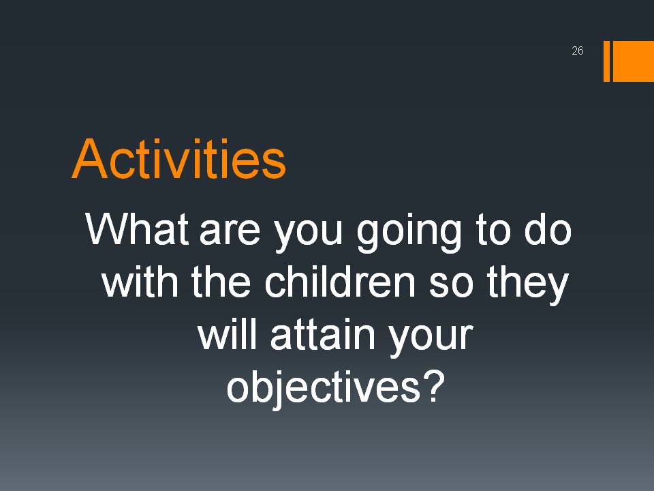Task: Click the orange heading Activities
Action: [179, 159]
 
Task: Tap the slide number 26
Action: [577, 50]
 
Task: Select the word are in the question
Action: [230, 233]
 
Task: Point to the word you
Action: [309, 236]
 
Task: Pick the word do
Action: [548, 228]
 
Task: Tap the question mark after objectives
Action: [433, 386]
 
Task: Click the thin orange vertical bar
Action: [606, 61]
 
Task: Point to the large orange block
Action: [633, 61]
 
